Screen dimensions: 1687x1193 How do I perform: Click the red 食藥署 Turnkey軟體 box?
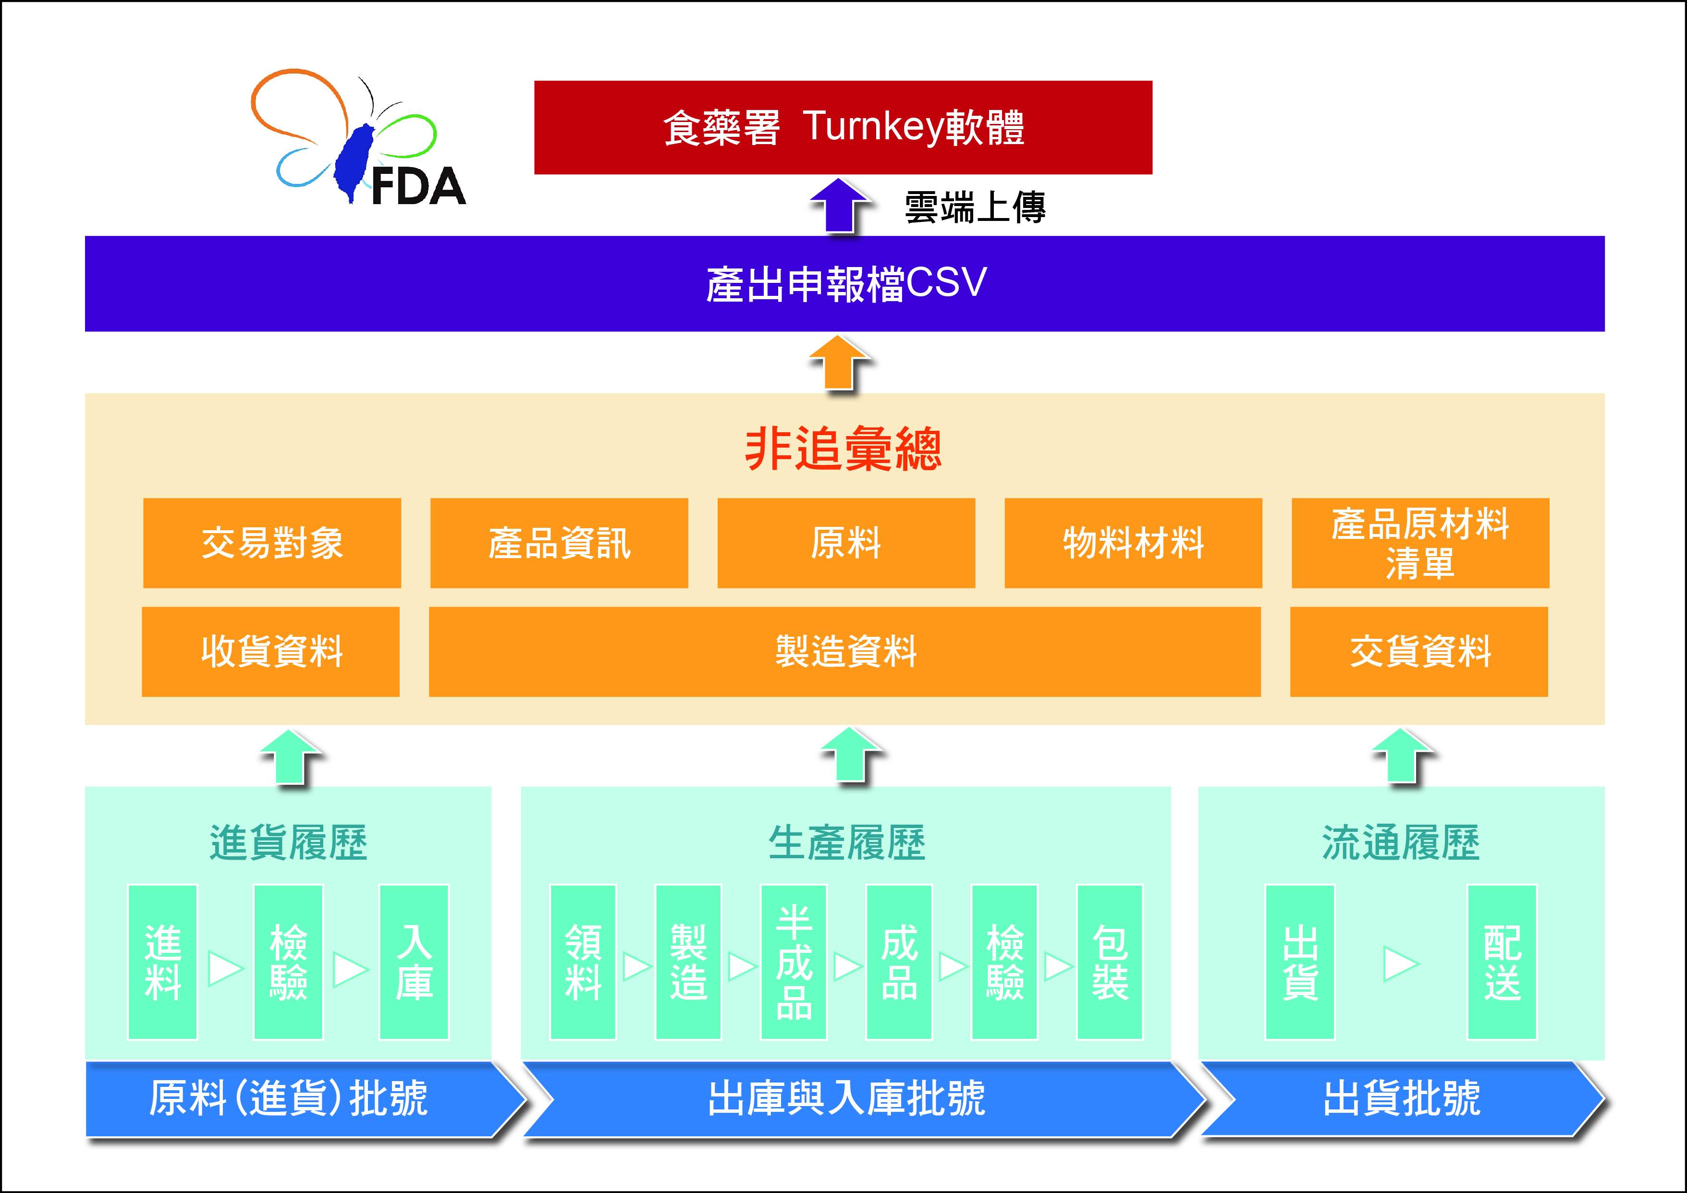coord(843,127)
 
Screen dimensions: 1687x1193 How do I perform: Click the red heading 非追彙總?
coord(843,449)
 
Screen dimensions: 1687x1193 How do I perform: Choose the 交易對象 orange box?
coord(272,543)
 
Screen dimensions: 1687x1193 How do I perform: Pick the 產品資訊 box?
coord(559,543)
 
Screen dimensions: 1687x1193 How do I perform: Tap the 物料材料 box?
coord(1133,543)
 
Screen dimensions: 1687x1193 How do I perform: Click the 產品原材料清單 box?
coord(1420,543)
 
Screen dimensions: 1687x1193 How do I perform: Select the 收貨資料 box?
coord(270,652)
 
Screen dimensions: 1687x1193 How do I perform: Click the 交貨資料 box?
coord(1419,652)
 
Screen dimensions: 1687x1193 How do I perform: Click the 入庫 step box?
coord(414,962)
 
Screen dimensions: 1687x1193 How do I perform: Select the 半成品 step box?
coord(795,962)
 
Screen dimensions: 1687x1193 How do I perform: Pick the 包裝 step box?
coord(1110,962)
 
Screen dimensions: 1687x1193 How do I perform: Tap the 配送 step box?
coord(1502,962)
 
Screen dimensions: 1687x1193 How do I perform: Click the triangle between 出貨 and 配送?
coord(1400,963)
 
